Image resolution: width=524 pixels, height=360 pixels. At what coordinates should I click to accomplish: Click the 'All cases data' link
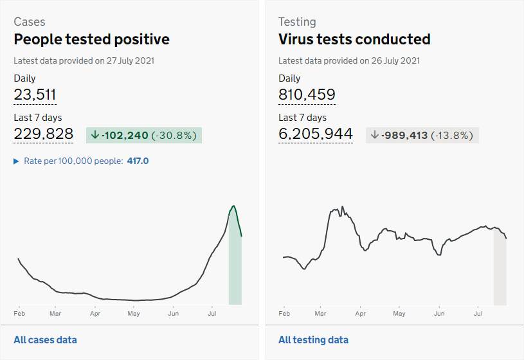pyautogui.click(x=45, y=340)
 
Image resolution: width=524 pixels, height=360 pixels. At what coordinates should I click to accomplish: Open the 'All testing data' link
pyautogui.click(x=313, y=340)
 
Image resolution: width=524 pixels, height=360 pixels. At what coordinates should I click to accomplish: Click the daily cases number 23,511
pyautogui.click(x=35, y=95)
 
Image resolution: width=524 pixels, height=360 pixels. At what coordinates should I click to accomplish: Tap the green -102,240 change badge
pyautogui.click(x=144, y=135)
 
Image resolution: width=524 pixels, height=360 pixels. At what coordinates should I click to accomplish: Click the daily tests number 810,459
pyautogui.click(x=307, y=95)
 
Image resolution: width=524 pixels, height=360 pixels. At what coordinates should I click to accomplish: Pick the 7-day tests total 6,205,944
pyautogui.click(x=316, y=134)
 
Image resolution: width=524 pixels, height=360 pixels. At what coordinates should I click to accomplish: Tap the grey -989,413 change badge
pyautogui.click(x=422, y=135)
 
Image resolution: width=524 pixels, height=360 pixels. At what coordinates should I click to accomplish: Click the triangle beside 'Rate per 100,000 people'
pyautogui.click(x=17, y=161)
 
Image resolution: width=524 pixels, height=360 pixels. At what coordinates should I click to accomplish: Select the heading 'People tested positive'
pyautogui.click(x=92, y=39)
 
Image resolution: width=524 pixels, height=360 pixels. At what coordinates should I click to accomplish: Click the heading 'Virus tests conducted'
pyautogui.click(x=354, y=39)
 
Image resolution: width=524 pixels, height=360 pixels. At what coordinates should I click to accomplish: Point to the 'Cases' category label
pyautogui.click(x=30, y=21)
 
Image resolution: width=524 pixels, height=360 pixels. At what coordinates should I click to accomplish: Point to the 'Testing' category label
pyautogui.click(x=297, y=21)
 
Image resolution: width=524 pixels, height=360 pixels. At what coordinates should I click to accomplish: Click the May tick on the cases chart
pyautogui.click(x=134, y=314)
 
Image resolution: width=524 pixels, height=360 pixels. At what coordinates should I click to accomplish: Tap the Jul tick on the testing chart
pyautogui.click(x=478, y=314)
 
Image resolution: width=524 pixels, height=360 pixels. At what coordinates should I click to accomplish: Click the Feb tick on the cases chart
pyautogui.click(x=19, y=314)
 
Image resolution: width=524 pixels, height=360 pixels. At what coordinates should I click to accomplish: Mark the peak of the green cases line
pyautogui.click(x=233, y=206)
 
